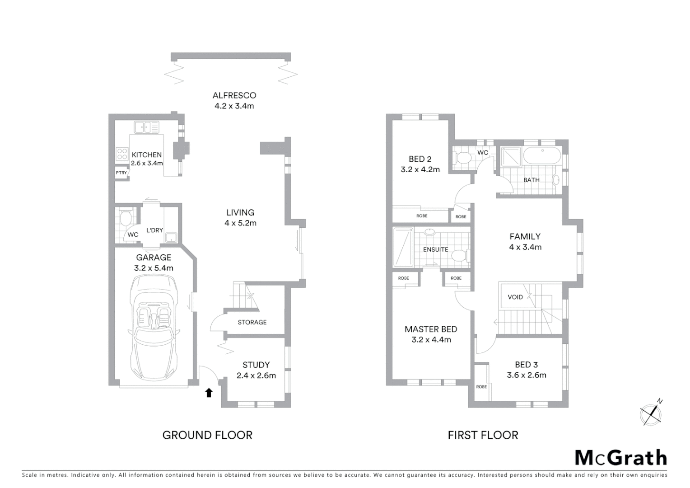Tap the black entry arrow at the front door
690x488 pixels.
(x=209, y=393)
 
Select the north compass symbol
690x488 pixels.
(x=651, y=413)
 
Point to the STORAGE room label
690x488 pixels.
(x=252, y=322)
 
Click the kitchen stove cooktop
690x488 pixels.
(x=122, y=154)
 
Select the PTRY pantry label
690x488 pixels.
(x=121, y=173)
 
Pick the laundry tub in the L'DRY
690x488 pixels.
(x=171, y=238)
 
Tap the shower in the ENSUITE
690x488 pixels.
(x=403, y=247)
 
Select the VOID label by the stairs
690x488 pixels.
(x=515, y=297)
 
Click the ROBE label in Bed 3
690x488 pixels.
(x=481, y=387)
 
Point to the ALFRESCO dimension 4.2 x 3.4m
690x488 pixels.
(x=234, y=106)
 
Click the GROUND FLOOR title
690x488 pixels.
(x=207, y=435)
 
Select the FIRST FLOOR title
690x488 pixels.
(x=483, y=435)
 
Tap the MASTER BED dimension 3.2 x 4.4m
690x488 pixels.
(x=431, y=340)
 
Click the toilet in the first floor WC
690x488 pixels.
(x=463, y=158)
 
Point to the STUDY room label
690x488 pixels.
(x=256, y=365)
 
